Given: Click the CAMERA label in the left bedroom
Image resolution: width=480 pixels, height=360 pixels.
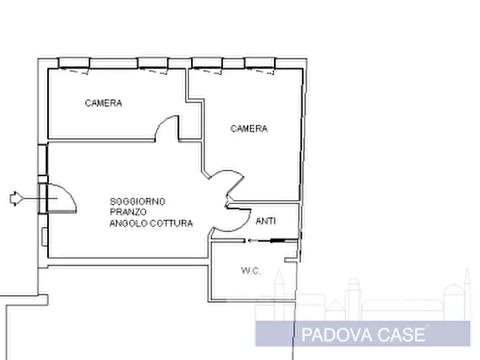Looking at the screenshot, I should (x=103, y=103).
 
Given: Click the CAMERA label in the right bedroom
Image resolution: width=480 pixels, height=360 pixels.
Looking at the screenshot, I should (x=249, y=128).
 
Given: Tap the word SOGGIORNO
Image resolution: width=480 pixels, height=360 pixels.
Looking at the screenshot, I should (x=138, y=201).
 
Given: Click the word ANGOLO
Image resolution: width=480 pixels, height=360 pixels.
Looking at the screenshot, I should (x=126, y=224).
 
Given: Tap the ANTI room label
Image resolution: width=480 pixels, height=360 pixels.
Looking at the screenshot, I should (x=267, y=221).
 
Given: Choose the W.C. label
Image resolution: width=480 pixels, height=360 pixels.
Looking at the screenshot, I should (x=250, y=271).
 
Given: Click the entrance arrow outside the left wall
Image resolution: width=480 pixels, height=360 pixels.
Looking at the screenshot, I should (x=16, y=199).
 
